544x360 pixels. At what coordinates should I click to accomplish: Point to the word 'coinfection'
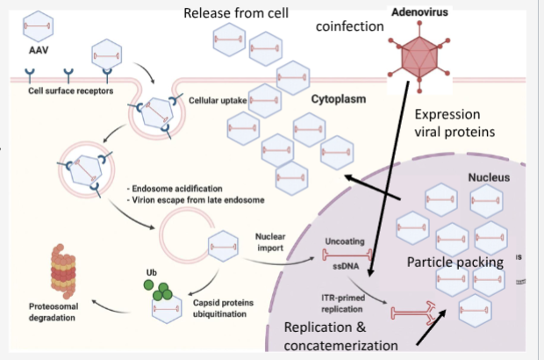[x=350, y=27]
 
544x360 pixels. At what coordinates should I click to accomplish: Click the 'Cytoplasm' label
[x=339, y=99]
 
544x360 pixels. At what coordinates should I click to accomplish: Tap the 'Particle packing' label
[x=454, y=263]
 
